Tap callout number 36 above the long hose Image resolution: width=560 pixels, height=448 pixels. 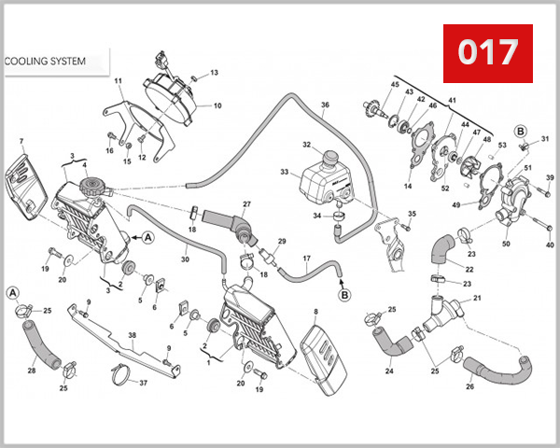click(326, 105)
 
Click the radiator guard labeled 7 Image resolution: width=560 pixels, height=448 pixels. click(26, 186)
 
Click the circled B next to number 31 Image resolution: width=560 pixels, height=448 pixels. click(520, 130)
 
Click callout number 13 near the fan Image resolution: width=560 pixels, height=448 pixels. click(213, 72)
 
